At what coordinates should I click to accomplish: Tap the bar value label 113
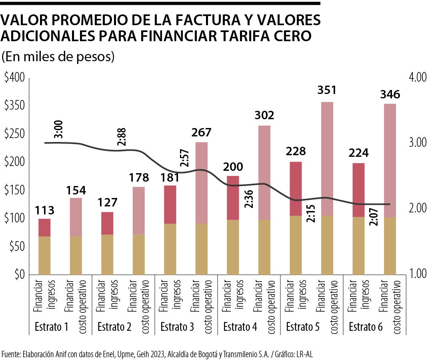(44, 210)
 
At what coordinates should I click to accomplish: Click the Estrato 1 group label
(51, 327)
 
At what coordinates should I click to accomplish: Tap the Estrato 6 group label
(366, 327)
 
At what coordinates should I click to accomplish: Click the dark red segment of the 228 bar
(296, 188)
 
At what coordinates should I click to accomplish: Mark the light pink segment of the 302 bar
(264, 172)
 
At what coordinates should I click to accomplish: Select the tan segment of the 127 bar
(107, 254)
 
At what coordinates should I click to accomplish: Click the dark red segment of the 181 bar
(170, 204)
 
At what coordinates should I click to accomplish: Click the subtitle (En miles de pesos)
(58, 57)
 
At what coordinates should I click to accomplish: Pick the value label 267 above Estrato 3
(202, 132)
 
